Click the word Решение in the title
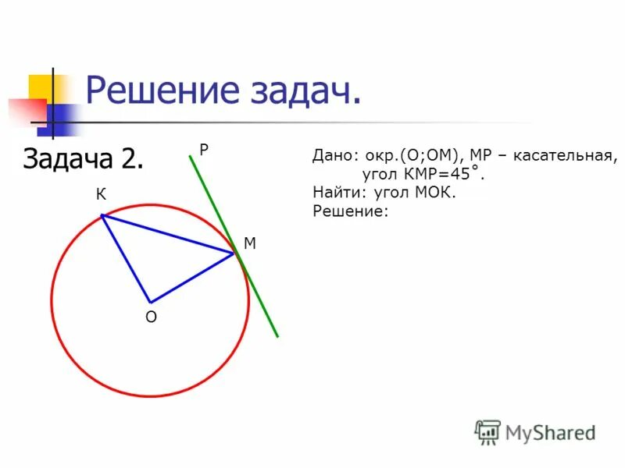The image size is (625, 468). (x=159, y=91)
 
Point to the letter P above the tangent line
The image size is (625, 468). (x=203, y=150)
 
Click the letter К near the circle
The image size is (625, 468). (x=102, y=195)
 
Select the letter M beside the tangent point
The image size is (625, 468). (x=250, y=243)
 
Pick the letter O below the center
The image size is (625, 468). (x=151, y=317)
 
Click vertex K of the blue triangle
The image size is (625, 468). (x=102, y=215)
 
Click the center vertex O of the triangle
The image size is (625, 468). (x=150, y=302)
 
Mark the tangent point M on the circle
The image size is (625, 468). (x=234, y=253)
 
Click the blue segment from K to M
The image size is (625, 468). (x=168, y=234)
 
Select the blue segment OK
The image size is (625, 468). (x=126, y=259)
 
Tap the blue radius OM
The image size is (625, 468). (x=192, y=277)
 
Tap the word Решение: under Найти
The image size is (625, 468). (x=350, y=210)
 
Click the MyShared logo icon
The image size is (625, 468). (x=487, y=431)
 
